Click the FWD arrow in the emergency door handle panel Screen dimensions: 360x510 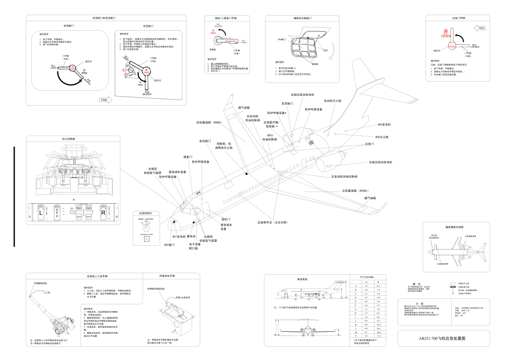[x=479, y=28]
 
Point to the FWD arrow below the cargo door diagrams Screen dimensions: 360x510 [x=106, y=100]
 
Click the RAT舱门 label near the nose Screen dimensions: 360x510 [x=170, y=245]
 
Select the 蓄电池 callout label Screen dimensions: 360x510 [x=192, y=236]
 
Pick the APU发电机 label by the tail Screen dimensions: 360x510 [x=384, y=125]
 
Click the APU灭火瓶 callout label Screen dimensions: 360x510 [x=382, y=137]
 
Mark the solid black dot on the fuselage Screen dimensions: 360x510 [x=246, y=174]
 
